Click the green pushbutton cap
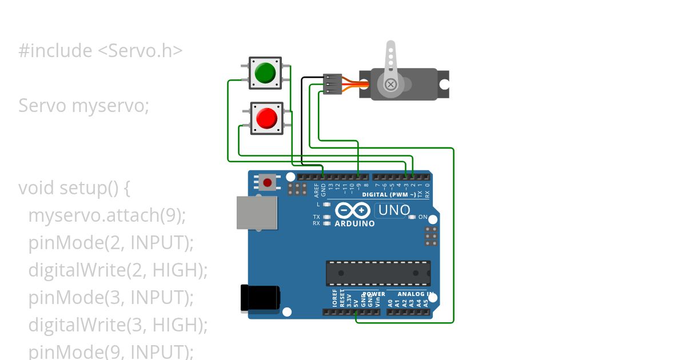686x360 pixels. coord(265,73)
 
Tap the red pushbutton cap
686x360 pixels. coord(266,118)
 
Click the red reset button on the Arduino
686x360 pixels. coord(267,182)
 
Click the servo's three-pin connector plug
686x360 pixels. coord(332,84)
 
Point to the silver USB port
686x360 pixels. coord(257,213)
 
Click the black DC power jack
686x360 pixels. coord(260,298)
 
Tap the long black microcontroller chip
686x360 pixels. coord(378,273)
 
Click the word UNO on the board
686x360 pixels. coord(394,210)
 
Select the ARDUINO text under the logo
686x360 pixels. coord(354,224)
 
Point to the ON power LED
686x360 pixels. coord(413,217)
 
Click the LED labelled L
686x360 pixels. coord(327,204)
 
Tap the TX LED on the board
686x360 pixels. coord(327,217)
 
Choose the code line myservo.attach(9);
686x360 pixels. coord(107,215)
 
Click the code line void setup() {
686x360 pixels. coord(75,188)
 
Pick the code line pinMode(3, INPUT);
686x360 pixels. coord(111,298)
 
